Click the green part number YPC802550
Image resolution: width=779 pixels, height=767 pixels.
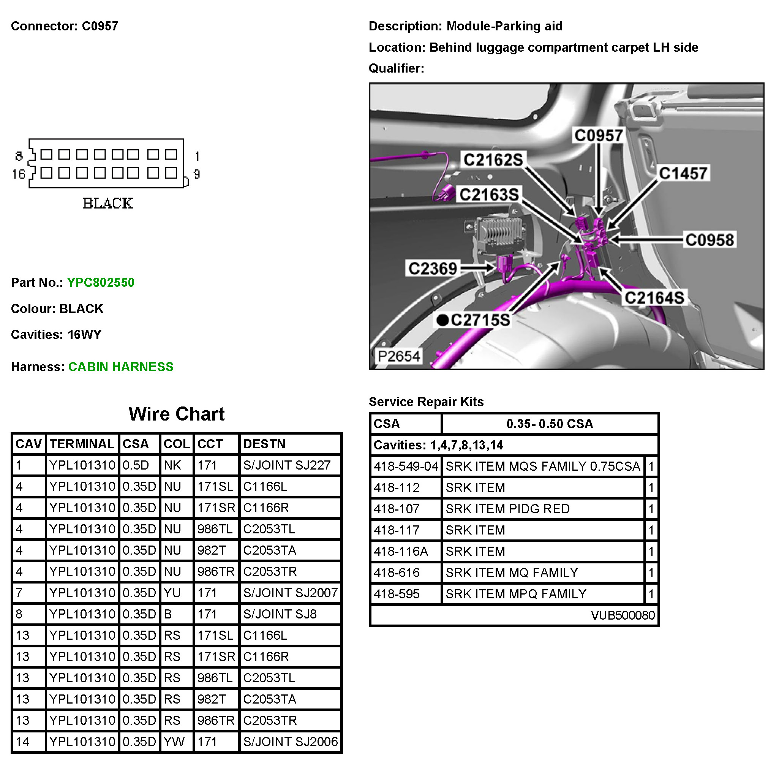tap(100, 282)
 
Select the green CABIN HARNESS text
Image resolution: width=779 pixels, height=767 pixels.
tap(120, 367)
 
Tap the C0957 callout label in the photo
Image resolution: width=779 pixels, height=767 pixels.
tap(598, 135)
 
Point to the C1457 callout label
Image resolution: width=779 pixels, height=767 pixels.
tap(683, 173)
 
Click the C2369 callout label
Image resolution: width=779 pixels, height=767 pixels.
tap(433, 268)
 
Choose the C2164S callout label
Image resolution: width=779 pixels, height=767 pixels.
tap(654, 298)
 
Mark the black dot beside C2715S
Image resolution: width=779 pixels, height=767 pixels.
tap(442, 320)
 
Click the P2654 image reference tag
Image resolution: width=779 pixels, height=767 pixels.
tap(398, 356)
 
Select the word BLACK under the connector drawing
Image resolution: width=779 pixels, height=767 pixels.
tap(107, 204)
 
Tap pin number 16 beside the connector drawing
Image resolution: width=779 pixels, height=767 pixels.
tap(19, 174)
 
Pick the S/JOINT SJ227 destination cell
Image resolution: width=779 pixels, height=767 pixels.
tap(286, 465)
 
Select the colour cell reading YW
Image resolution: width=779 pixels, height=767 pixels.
tap(174, 742)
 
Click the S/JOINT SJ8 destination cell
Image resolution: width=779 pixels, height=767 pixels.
tap(280, 614)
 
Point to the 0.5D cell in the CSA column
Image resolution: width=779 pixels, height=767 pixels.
tap(136, 465)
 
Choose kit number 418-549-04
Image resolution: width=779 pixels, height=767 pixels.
tap(406, 466)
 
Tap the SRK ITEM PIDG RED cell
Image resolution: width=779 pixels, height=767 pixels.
tap(507, 509)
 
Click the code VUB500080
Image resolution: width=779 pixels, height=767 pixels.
tap(622, 615)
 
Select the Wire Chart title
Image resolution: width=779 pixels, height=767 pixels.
tap(176, 414)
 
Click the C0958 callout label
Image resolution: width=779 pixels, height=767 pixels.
tap(709, 240)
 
